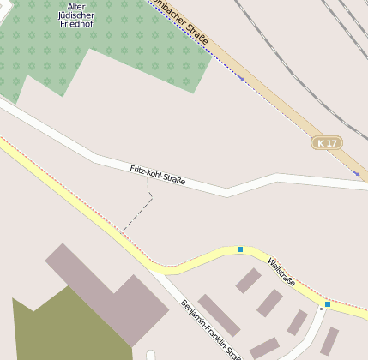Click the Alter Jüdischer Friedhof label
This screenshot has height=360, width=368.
[76, 15]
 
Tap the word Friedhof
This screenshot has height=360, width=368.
[76, 25]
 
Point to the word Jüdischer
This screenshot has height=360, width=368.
[76, 15]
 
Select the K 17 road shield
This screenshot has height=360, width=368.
[327, 142]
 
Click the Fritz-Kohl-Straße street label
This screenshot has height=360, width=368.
[158, 174]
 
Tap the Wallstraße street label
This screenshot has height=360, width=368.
[281, 271]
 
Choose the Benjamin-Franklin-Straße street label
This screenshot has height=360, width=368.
[210, 328]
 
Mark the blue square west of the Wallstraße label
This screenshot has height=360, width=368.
[240, 249]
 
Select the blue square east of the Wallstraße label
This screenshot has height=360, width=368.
[328, 303]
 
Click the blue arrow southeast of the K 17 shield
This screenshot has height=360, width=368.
[355, 173]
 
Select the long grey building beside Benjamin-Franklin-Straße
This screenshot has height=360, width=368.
[219, 315]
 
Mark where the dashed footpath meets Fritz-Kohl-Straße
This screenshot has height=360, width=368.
[147, 179]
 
